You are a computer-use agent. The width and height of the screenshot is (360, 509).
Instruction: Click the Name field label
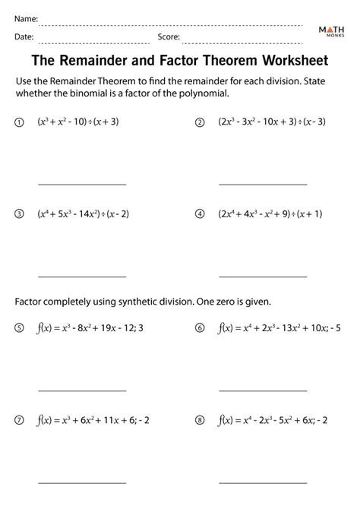(24, 17)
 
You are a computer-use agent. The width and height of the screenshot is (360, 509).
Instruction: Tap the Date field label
(23, 36)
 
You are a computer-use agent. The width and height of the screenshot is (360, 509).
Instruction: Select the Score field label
(169, 36)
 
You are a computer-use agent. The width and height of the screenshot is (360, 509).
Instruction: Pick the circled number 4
(201, 214)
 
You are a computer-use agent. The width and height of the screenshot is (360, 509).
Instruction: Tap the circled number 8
(201, 419)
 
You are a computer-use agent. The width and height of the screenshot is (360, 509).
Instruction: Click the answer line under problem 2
(263, 184)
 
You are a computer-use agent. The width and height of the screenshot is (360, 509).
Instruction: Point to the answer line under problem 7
(82, 483)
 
